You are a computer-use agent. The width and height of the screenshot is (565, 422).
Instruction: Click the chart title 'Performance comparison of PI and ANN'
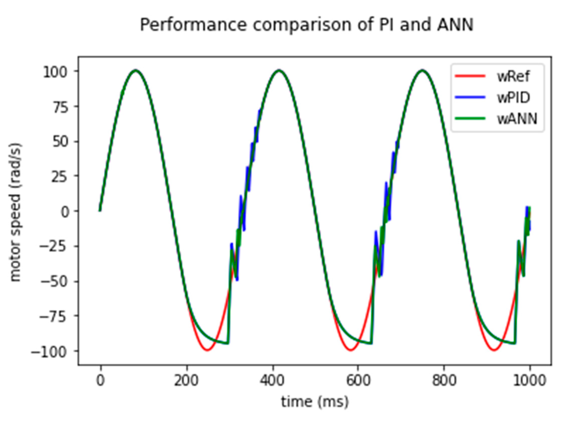[306, 25]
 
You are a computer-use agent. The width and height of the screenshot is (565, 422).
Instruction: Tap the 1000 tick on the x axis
[530, 380]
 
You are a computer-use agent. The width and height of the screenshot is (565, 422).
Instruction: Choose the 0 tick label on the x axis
[100, 380]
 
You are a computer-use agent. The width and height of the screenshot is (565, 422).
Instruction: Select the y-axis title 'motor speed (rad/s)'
[16, 212]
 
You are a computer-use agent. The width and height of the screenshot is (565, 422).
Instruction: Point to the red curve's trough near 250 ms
[207, 350]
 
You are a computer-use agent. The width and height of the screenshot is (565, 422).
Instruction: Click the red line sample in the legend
[470, 76]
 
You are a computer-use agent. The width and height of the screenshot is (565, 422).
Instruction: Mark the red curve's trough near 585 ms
[351, 350]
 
